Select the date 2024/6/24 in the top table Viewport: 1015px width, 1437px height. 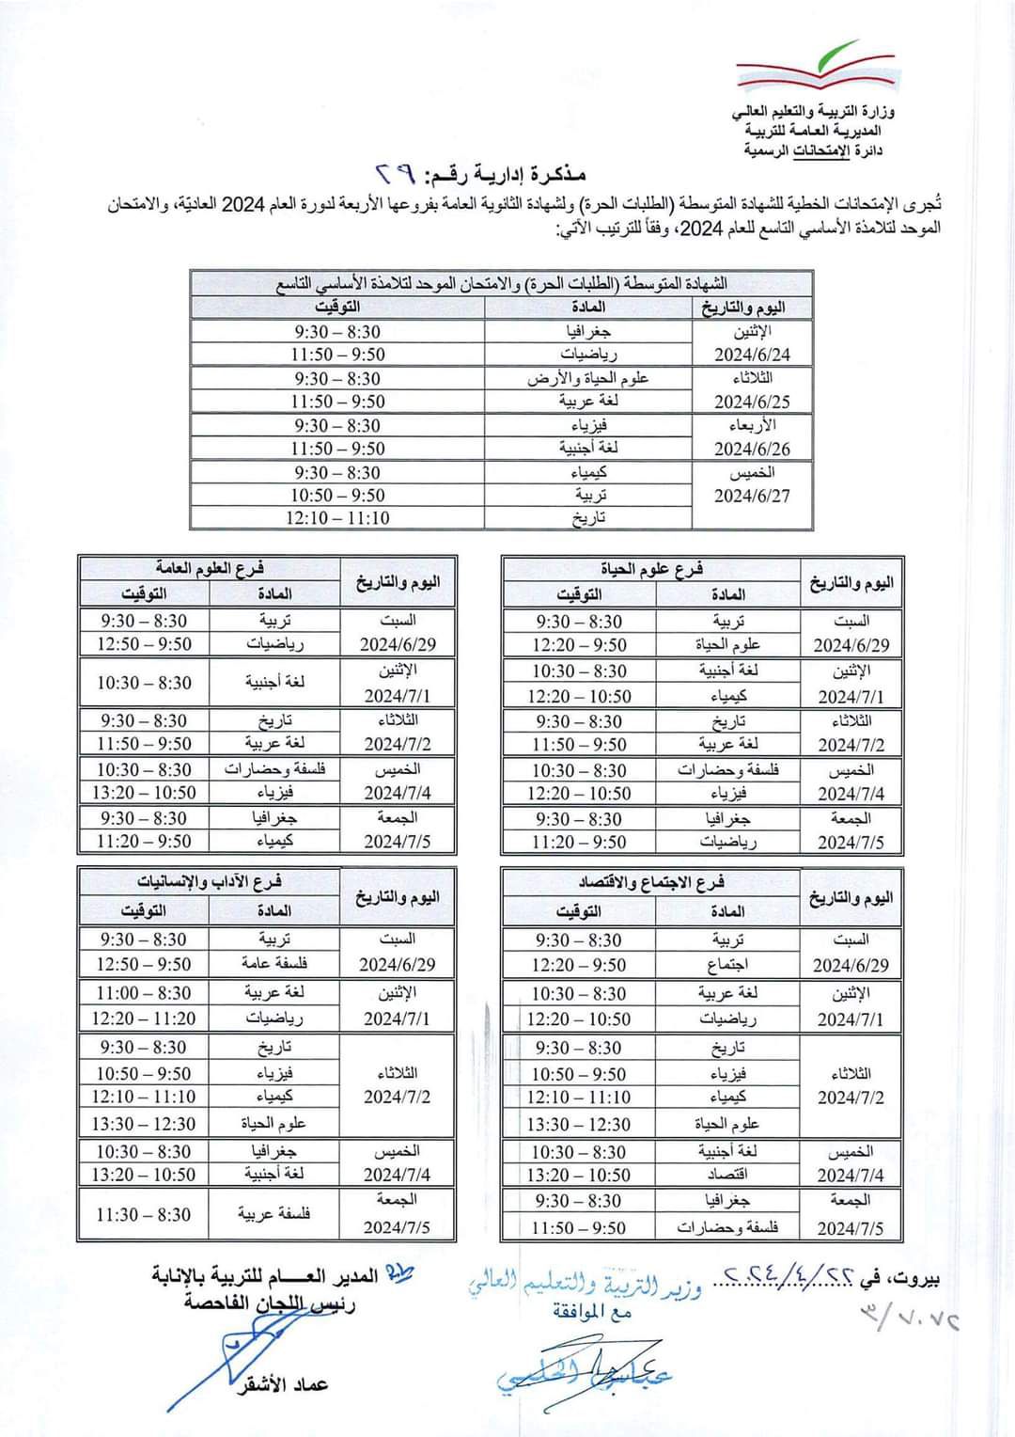tap(752, 355)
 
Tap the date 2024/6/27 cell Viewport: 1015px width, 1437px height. tap(752, 496)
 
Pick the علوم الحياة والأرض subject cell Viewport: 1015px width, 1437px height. tap(588, 378)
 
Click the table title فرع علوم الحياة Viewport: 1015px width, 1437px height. tap(651, 569)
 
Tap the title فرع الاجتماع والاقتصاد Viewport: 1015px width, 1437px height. tap(650, 883)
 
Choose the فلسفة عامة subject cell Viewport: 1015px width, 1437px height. tap(273, 964)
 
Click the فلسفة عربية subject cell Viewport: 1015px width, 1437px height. tap(273, 1214)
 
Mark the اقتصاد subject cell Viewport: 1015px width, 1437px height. tap(727, 1175)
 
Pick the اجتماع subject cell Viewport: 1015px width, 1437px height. tap(727, 965)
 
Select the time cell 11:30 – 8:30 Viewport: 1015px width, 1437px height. tap(143, 1214)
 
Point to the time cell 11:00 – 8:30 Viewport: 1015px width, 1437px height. tap(143, 993)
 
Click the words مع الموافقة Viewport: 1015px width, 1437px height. tap(592, 1312)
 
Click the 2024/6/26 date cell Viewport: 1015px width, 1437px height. tap(752, 449)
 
